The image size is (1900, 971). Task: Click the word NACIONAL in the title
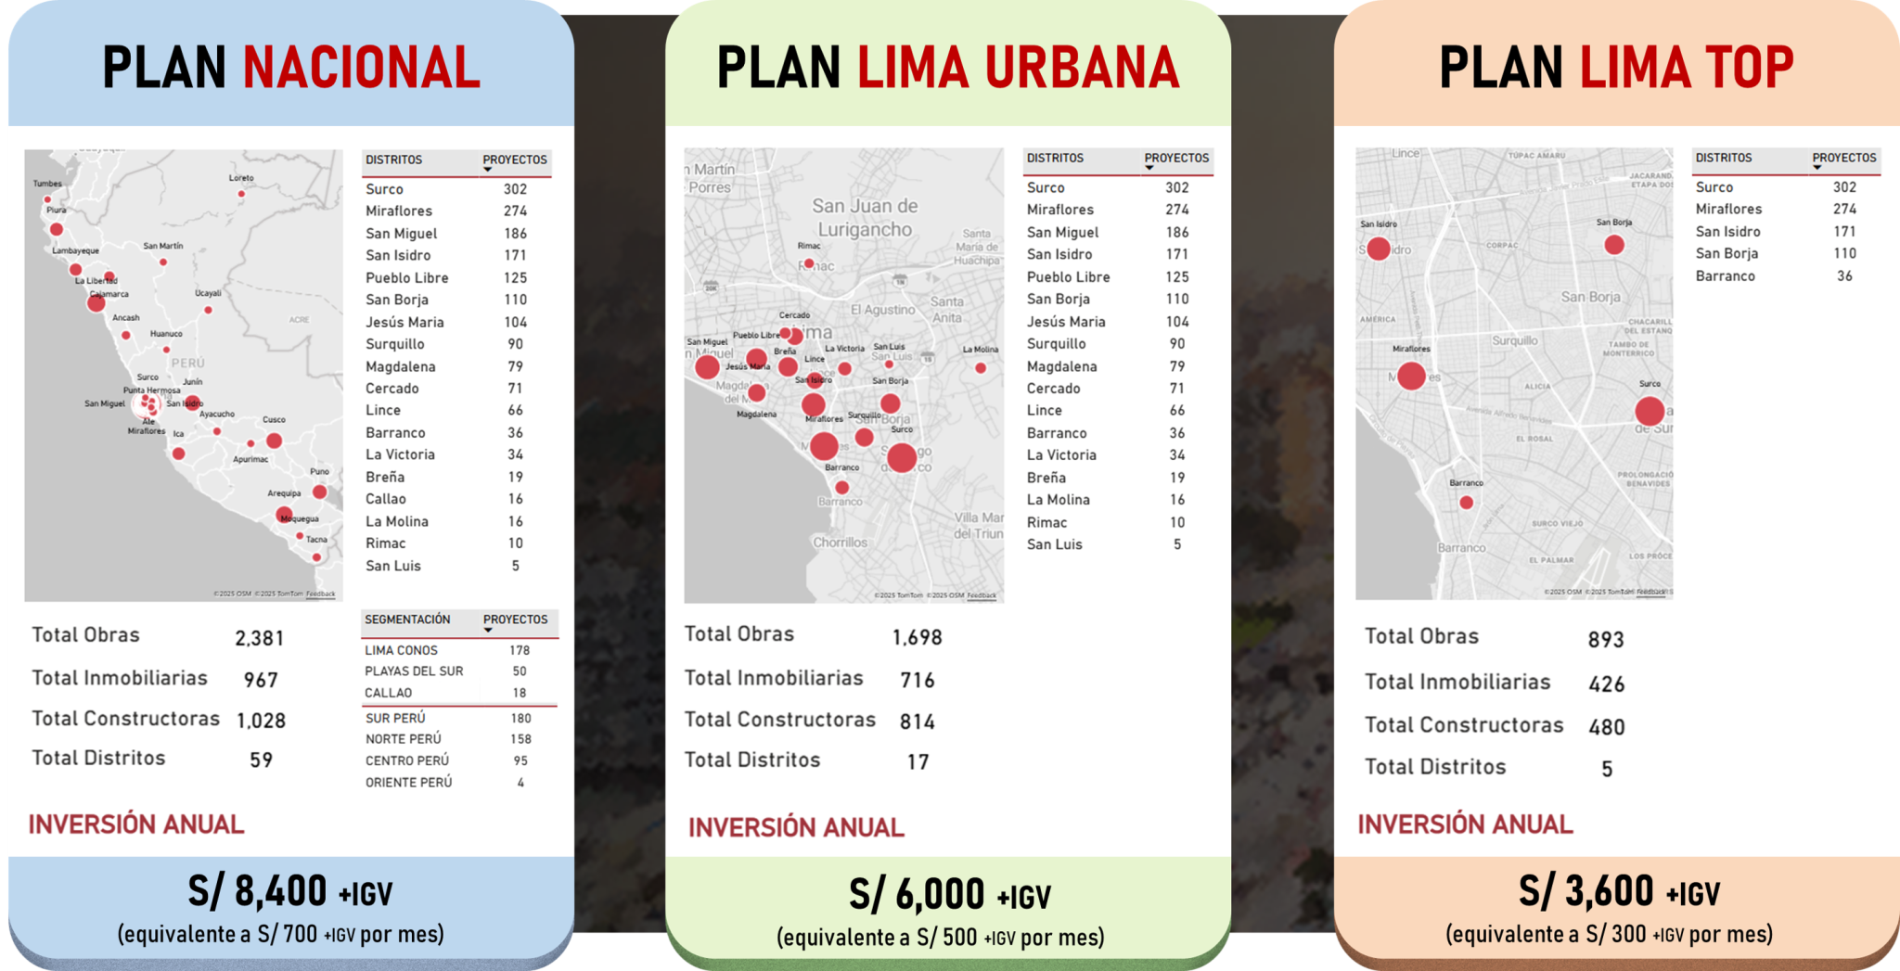pyautogui.click(x=362, y=68)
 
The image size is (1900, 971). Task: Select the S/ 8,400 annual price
pyautogui.click(x=257, y=891)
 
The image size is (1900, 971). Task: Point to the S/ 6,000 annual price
pyautogui.click(x=917, y=895)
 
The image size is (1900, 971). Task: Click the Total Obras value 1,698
pyautogui.click(x=917, y=637)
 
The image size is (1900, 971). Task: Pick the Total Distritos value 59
pyautogui.click(x=261, y=760)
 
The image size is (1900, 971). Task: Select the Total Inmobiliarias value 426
pyautogui.click(x=1606, y=684)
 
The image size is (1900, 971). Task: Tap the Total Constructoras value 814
pyautogui.click(x=917, y=722)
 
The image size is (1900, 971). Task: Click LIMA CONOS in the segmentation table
pyautogui.click(x=401, y=650)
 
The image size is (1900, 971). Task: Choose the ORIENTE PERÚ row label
pyautogui.click(x=408, y=783)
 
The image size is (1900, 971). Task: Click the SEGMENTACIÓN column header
pyautogui.click(x=407, y=620)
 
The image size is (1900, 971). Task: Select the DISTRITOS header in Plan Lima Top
pyautogui.click(x=1723, y=158)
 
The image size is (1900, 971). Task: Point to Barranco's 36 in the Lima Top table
pyautogui.click(x=1844, y=276)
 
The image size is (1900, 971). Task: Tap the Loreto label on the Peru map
pyautogui.click(x=241, y=178)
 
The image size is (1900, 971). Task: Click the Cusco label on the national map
pyautogui.click(x=274, y=420)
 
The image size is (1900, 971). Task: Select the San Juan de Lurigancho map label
pyautogui.click(x=864, y=218)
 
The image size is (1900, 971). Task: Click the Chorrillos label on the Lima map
pyautogui.click(x=841, y=543)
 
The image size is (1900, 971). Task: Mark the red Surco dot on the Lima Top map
pyautogui.click(x=1650, y=411)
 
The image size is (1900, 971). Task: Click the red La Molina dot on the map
pyautogui.click(x=981, y=368)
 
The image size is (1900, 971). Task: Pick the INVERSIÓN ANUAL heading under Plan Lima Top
pyautogui.click(x=1465, y=824)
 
